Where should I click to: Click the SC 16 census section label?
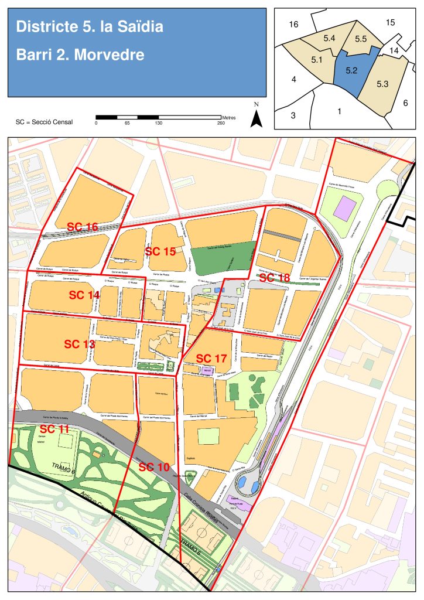pyautogui.click(x=82, y=227)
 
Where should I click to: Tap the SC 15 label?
pyautogui.click(x=160, y=251)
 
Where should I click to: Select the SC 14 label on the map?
pyautogui.click(x=84, y=295)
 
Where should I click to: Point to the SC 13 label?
pyautogui.click(x=79, y=344)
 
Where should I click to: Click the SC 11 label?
pyautogui.click(x=55, y=429)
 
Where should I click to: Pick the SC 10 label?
pyautogui.click(x=154, y=467)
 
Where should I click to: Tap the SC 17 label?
pyautogui.click(x=211, y=358)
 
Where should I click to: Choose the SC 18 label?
pyautogui.click(x=274, y=278)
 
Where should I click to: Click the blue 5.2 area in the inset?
pyautogui.click(x=351, y=71)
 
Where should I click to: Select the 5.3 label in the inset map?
pyautogui.click(x=382, y=84)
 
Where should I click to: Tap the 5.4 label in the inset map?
pyautogui.click(x=329, y=37)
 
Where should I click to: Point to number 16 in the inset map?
pyautogui.click(x=294, y=24)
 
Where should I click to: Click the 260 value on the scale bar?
pyautogui.click(x=221, y=123)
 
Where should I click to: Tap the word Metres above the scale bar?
pyautogui.click(x=229, y=117)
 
